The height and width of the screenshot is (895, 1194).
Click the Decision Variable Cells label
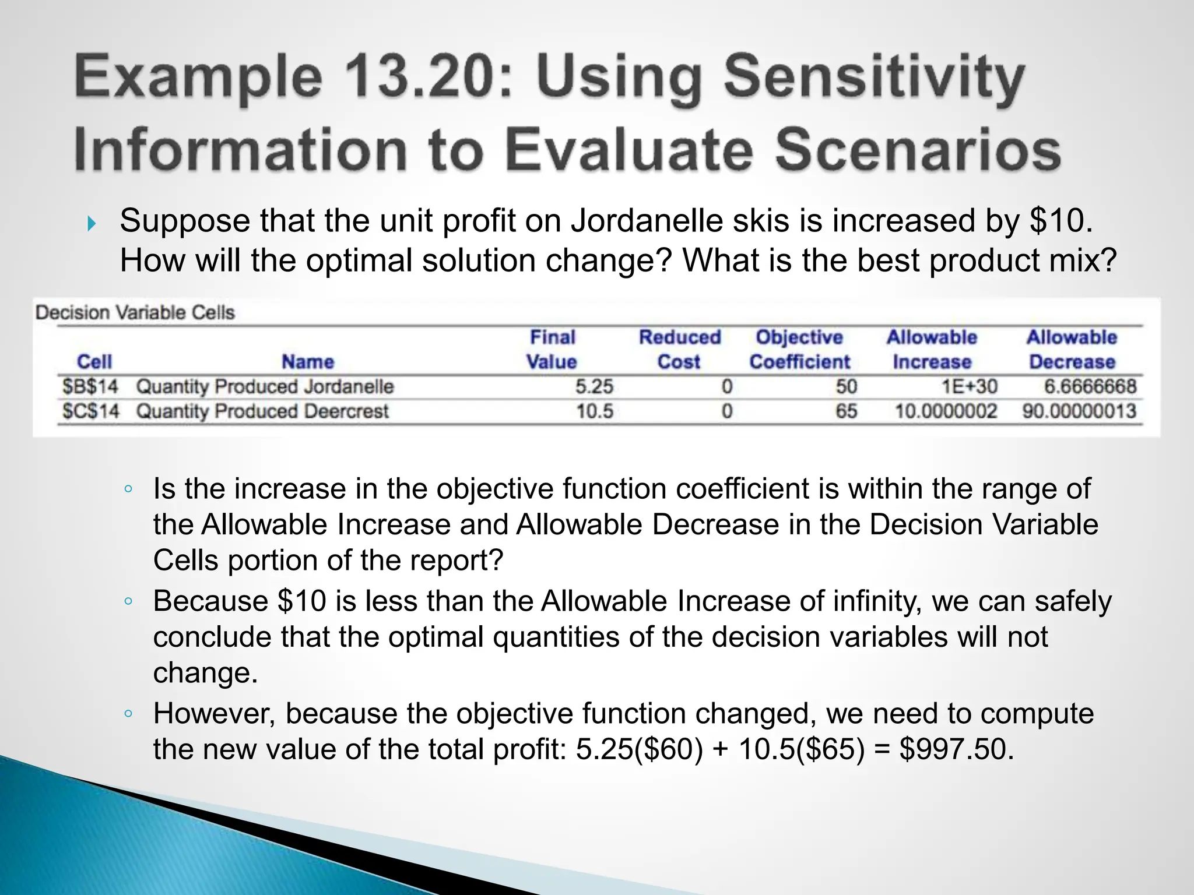135,313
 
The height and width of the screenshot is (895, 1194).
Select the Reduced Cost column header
679,349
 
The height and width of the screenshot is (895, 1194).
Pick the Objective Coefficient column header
799,349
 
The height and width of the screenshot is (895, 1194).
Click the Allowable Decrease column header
1072,349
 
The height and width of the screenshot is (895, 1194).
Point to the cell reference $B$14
90,386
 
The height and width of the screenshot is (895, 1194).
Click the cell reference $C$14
90,411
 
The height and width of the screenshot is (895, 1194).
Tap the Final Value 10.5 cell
595,411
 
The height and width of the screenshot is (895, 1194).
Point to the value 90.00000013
1079,411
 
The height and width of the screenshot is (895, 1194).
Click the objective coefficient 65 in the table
846,411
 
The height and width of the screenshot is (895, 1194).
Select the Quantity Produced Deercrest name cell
262,411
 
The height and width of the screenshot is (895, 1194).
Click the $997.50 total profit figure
956,749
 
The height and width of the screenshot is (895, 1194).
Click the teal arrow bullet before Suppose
92,223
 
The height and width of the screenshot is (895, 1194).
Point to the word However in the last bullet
213,713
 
